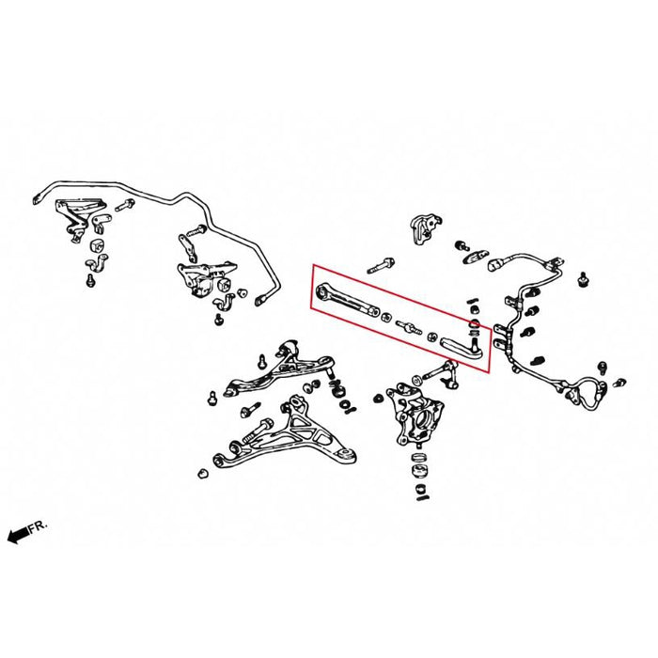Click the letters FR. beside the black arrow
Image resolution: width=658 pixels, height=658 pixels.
pyautogui.click(x=39, y=527)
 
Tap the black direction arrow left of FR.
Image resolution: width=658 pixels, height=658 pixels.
pyautogui.click(x=18, y=536)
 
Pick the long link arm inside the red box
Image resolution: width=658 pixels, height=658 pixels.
pyautogui.click(x=348, y=301)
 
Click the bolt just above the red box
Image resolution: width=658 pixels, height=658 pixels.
pyautogui.click(x=381, y=265)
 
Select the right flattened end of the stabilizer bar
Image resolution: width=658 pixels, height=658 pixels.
pyautogui.click(x=260, y=300)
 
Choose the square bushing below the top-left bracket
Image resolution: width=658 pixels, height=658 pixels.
pyautogui.click(x=98, y=244)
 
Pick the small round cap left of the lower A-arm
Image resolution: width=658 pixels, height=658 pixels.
pyautogui.click(x=203, y=474)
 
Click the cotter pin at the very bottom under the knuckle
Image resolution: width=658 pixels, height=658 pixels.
pyautogui.click(x=421, y=498)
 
